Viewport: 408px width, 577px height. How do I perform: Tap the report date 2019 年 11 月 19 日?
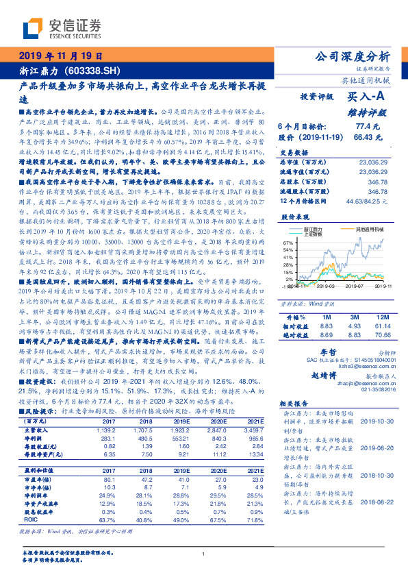pyautogui.click(x=60, y=56)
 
